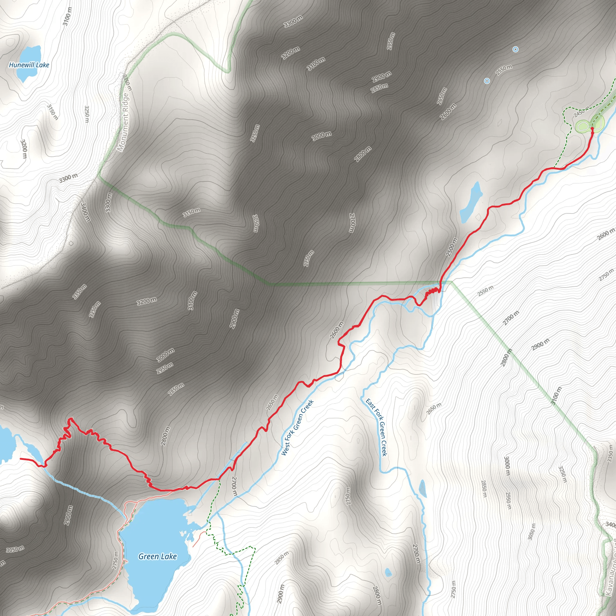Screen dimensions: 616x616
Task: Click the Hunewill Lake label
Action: click(x=29, y=65)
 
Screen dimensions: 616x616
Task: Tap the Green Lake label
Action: click(x=158, y=556)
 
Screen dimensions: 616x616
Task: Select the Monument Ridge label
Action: click(x=123, y=122)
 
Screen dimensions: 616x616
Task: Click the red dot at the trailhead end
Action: click(x=592, y=128)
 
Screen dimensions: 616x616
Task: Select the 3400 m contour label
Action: click(x=85, y=212)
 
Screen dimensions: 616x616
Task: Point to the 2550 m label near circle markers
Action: click(x=504, y=70)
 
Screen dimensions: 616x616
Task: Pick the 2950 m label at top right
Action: click(x=391, y=41)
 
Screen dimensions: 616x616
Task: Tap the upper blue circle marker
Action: click(x=515, y=49)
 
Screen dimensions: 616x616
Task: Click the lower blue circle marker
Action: click(x=487, y=81)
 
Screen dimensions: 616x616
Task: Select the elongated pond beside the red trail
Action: click(x=471, y=202)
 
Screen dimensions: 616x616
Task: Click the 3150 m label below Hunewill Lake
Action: click(x=53, y=112)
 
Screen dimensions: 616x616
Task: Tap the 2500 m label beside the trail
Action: click(x=451, y=247)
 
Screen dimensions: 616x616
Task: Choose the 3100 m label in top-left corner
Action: click(x=67, y=16)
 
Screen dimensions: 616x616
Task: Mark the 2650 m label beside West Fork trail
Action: click(x=272, y=402)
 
